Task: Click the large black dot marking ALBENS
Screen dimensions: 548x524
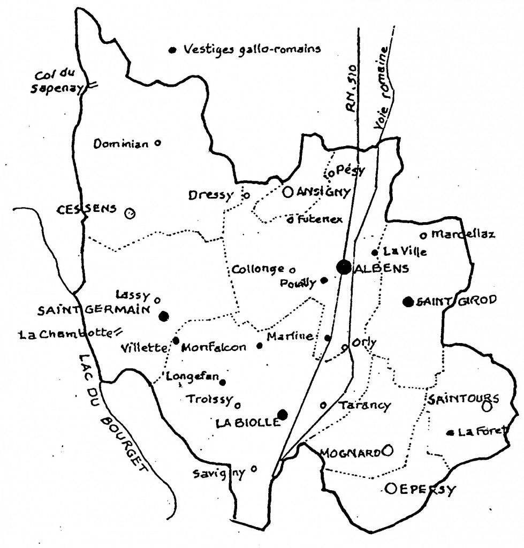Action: tap(343, 266)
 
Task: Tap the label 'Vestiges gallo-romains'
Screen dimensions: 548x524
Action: tap(252, 50)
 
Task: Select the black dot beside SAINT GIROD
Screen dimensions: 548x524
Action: tap(408, 301)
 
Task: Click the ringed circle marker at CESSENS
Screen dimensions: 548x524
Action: tap(129, 214)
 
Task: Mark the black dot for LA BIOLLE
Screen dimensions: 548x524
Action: tap(283, 414)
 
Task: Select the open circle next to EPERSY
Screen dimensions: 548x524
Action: tap(391, 488)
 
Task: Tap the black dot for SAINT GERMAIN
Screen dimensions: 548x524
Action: tap(164, 316)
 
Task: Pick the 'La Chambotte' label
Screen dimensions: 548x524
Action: tap(63, 335)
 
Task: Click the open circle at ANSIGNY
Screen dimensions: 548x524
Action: tap(287, 191)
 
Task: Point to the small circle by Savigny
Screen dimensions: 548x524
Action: tap(253, 468)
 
